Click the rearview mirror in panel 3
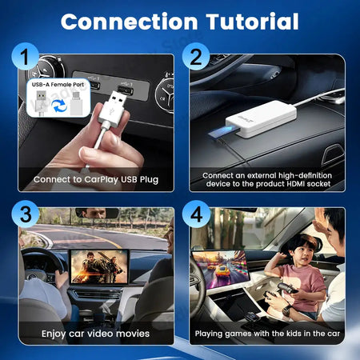pyautogui.click(x=97, y=213)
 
